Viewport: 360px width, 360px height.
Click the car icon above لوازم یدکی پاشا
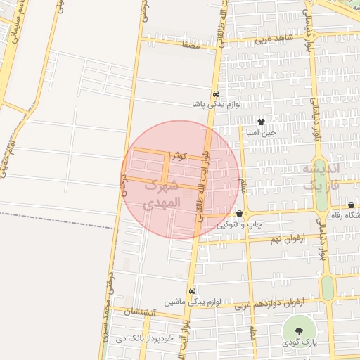click(216, 94)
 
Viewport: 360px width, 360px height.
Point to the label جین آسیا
click(259, 131)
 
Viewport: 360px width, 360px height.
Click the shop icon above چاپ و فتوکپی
click(240, 214)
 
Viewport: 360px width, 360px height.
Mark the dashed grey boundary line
click(56, 219)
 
